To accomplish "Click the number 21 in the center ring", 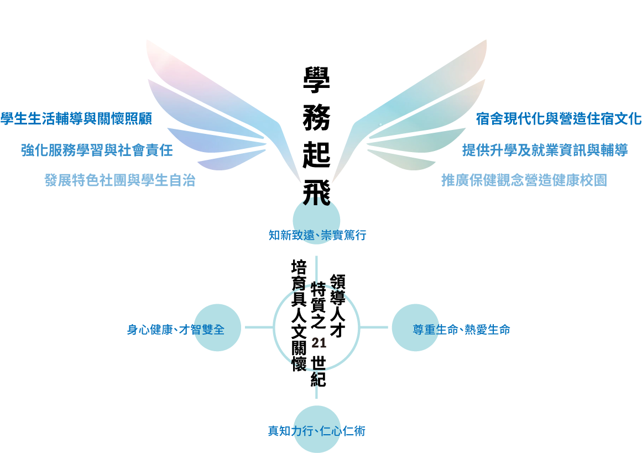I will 319,343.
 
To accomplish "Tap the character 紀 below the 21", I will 319,379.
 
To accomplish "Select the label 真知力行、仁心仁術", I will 317,431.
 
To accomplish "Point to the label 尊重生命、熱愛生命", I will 462,330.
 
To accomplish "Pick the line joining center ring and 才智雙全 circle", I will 259,327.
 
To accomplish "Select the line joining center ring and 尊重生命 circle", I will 374,327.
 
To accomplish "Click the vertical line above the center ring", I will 317,269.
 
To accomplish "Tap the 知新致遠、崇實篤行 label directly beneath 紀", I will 317,391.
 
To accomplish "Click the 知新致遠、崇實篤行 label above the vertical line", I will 317,235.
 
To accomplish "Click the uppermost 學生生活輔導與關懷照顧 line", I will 76,118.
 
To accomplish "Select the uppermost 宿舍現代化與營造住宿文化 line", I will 559,118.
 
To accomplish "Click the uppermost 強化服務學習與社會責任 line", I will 97,150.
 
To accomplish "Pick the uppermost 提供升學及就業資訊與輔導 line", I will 545,150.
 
